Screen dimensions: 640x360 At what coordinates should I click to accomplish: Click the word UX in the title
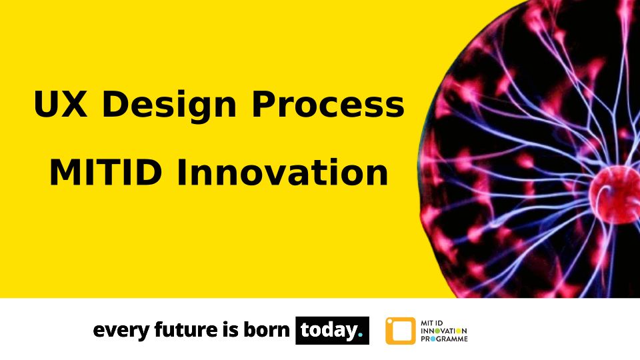click(61, 104)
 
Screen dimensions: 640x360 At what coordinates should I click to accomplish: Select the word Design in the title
click(169, 106)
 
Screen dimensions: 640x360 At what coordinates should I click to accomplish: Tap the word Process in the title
click(328, 104)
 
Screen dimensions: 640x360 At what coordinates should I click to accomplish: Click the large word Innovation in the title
click(282, 173)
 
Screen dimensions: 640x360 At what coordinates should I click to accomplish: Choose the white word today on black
click(329, 331)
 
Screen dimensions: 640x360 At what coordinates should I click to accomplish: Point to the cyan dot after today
click(360, 335)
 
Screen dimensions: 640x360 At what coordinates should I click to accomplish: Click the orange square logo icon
click(401, 331)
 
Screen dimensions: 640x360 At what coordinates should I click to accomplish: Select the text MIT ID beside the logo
click(431, 323)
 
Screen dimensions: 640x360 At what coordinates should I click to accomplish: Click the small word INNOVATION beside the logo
click(444, 331)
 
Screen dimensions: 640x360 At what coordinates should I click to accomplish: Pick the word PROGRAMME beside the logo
click(444, 339)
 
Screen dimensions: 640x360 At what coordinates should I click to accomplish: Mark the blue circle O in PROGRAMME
click(433, 339)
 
